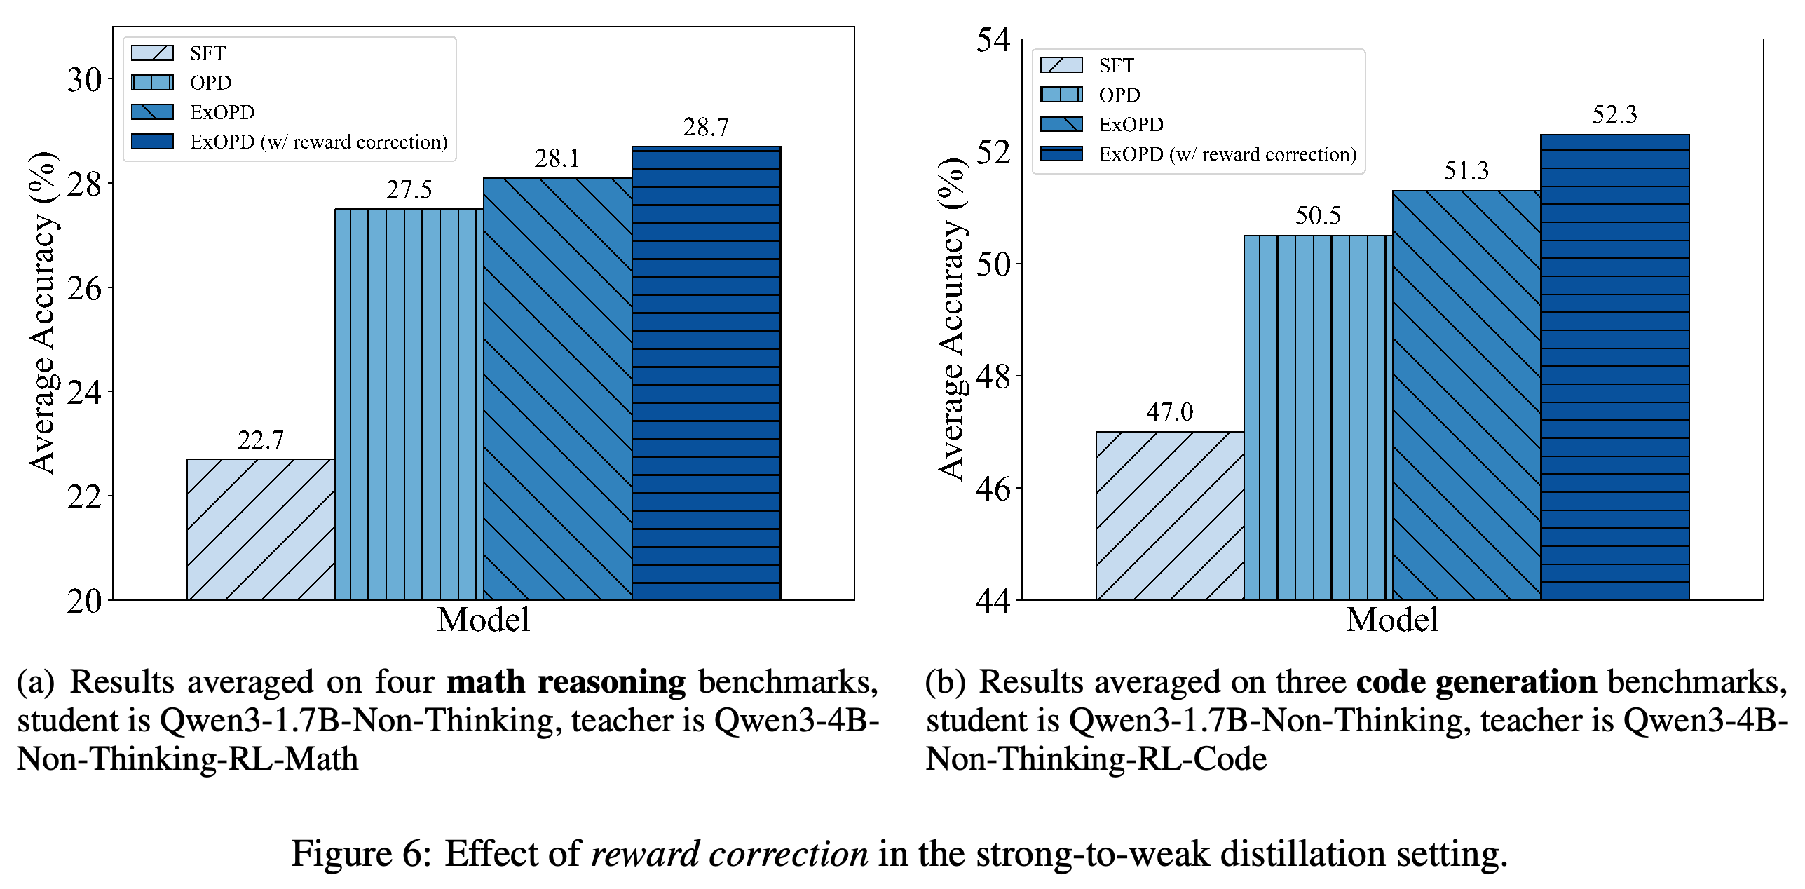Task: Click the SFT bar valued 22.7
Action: pyautogui.click(x=261, y=529)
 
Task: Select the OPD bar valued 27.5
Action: pyautogui.click(x=409, y=405)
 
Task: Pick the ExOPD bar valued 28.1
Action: pyautogui.click(x=558, y=389)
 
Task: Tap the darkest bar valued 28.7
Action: pyautogui.click(x=707, y=373)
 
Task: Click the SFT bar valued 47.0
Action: pyautogui.click(x=1170, y=516)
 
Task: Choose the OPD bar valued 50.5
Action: pyautogui.click(x=1319, y=418)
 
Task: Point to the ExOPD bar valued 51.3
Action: pyautogui.click(x=1467, y=395)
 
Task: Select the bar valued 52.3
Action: pyautogui.click(x=1615, y=367)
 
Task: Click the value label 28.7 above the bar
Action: pyautogui.click(x=706, y=128)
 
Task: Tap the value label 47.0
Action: pyautogui.click(x=1170, y=412)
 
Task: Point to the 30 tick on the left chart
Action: pyautogui.click(x=85, y=80)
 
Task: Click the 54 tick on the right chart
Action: pyautogui.click(x=994, y=40)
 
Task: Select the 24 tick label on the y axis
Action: pyautogui.click(x=85, y=393)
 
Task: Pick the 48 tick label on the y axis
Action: pyautogui.click(x=994, y=376)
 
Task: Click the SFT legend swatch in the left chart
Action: pyautogui.click(x=152, y=53)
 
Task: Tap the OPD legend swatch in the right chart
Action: pyautogui.click(x=1061, y=95)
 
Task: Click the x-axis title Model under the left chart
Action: pyautogui.click(x=484, y=620)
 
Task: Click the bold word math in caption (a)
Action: pyautogui.click(x=486, y=681)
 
